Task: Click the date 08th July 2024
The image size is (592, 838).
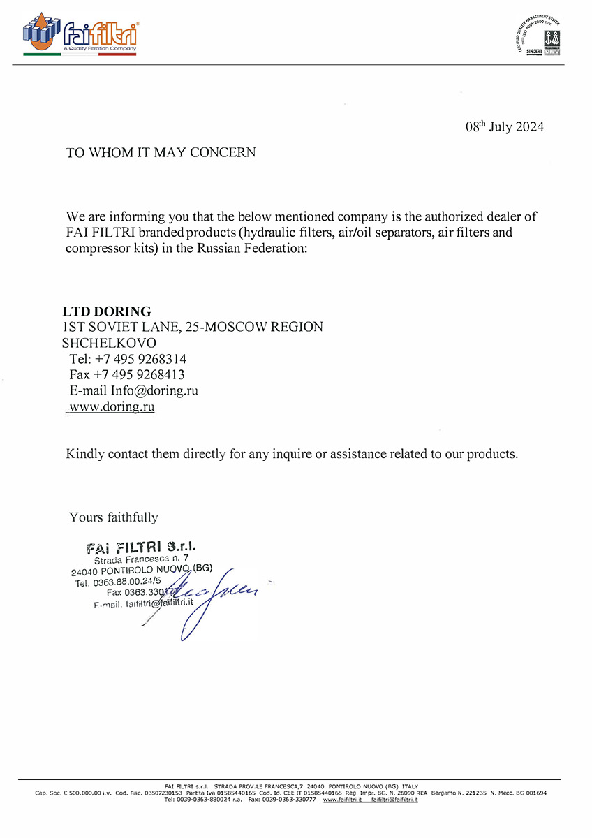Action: coord(504,127)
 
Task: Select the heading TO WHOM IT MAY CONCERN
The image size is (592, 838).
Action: coord(161,152)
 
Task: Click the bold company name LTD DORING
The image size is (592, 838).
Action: coord(106,311)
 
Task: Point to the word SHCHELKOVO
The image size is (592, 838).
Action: coord(110,343)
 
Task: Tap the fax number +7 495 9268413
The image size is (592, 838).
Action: coord(139,375)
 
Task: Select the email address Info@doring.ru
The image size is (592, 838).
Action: coord(154,391)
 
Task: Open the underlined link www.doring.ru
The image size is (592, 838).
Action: coord(112,406)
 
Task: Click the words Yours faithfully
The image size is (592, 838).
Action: coord(113,517)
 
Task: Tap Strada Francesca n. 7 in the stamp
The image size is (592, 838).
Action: coord(141,559)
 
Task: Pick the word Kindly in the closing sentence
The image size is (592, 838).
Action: coord(85,454)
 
